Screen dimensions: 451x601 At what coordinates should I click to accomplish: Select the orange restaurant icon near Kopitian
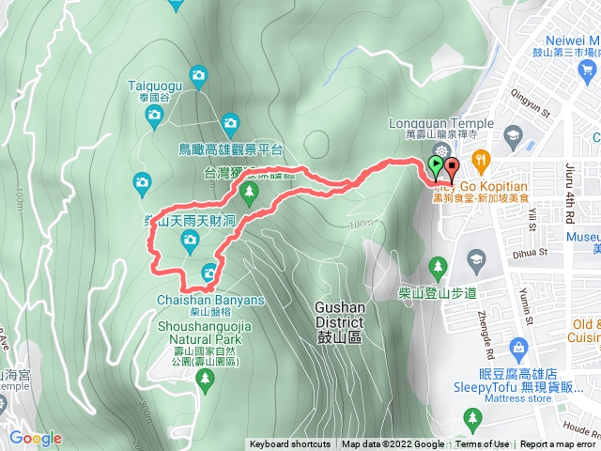point(481,159)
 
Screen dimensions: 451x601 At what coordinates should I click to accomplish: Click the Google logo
point(36,438)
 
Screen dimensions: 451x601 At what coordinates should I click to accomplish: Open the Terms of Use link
point(483,444)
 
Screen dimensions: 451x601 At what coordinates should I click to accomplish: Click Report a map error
point(558,444)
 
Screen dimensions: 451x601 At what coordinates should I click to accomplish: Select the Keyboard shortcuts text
point(289,444)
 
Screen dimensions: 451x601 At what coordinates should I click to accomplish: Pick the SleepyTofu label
point(530,371)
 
